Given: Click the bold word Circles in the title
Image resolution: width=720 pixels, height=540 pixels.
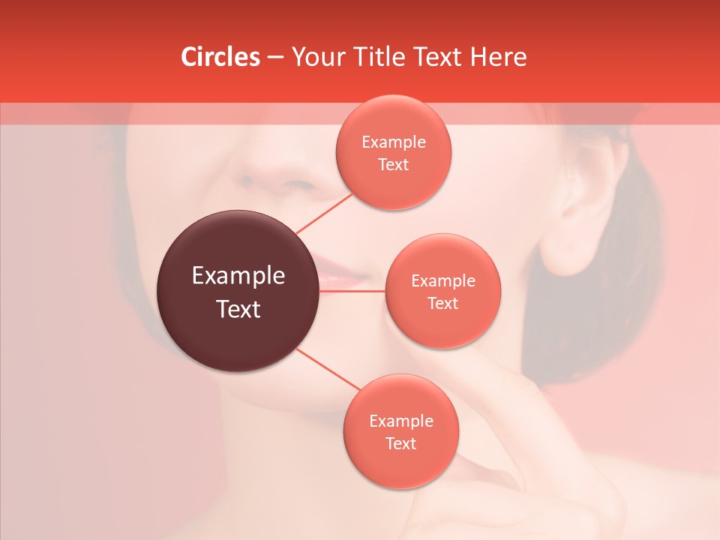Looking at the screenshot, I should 220,57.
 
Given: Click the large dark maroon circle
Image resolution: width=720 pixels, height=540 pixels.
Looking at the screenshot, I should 238,291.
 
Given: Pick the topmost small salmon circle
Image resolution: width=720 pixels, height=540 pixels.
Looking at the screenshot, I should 393,152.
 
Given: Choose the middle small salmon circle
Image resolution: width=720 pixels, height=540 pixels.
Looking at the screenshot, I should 442,291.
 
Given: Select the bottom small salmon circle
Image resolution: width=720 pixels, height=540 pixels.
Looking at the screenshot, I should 400,431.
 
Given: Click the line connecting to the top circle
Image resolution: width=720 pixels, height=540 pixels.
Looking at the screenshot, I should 324,213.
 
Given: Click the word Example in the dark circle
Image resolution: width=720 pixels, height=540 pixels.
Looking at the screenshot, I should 238,276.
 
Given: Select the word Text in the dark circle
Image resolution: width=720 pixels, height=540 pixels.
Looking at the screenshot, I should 238,308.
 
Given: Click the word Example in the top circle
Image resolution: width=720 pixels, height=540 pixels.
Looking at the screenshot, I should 393,142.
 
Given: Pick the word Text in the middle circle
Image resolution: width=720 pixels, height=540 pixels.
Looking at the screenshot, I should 442,303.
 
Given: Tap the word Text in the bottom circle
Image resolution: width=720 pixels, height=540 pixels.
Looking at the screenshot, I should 400,443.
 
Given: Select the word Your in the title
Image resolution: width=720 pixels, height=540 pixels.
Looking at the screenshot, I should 316,57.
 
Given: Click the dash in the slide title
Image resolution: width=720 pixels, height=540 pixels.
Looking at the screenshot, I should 274,58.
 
